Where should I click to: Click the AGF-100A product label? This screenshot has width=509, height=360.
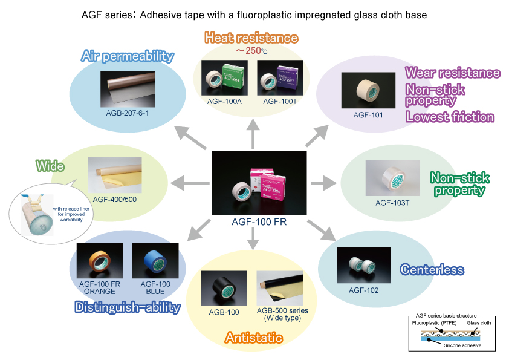(x=224, y=102)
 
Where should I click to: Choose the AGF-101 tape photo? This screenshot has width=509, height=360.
(x=364, y=91)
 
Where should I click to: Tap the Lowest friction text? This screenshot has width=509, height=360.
(x=450, y=117)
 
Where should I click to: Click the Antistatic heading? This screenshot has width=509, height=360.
(x=254, y=338)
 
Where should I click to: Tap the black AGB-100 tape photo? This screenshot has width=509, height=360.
(x=223, y=288)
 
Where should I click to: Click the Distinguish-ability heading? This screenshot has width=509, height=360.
(x=128, y=307)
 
